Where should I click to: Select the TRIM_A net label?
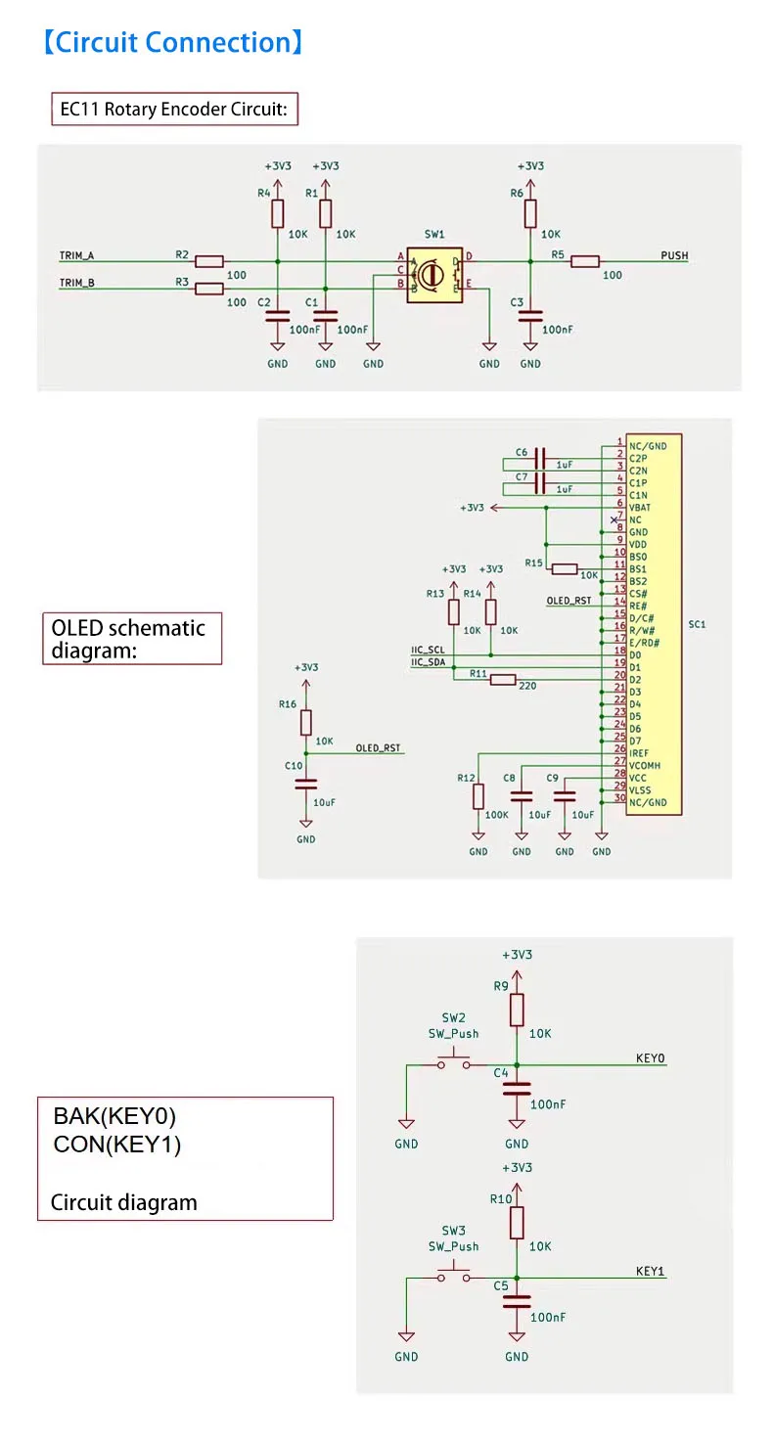click(x=76, y=256)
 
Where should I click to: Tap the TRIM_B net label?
click(x=76, y=284)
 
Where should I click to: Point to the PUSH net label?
click(x=674, y=256)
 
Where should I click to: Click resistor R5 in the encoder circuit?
click(x=585, y=261)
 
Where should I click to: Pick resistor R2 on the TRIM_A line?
click(x=208, y=261)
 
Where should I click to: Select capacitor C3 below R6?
click(x=530, y=316)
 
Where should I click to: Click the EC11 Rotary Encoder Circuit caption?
click(x=173, y=110)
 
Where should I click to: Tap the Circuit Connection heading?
click(x=173, y=43)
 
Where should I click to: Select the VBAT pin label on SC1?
click(x=642, y=508)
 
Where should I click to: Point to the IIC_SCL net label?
click(x=428, y=650)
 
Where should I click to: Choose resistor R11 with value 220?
click(x=503, y=680)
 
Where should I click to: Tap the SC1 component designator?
click(x=698, y=624)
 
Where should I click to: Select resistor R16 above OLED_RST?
click(x=306, y=723)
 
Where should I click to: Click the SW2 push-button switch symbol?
click(x=454, y=1063)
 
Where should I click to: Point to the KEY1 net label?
click(x=650, y=1272)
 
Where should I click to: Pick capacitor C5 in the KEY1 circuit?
click(x=517, y=1301)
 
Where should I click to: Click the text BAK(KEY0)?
click(x=114, y=1116)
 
